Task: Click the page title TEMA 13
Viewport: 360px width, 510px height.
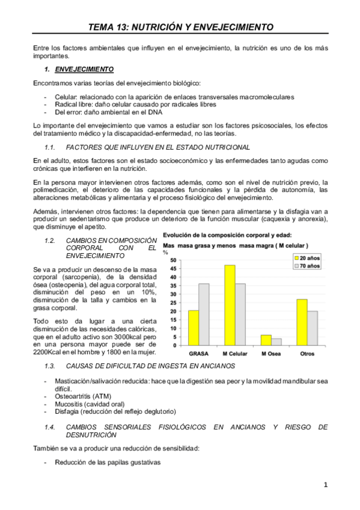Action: pos(180,27)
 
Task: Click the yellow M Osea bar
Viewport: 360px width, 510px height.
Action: pos(266,340)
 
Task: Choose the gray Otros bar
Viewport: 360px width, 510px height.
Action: pos(313,328)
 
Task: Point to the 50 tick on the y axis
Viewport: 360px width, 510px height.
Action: pos(174,260)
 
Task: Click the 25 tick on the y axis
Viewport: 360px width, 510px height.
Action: pos(174,303)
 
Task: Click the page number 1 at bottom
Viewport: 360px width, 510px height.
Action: pos(325,485)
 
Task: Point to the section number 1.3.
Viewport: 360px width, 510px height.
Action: pos(50,366)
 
